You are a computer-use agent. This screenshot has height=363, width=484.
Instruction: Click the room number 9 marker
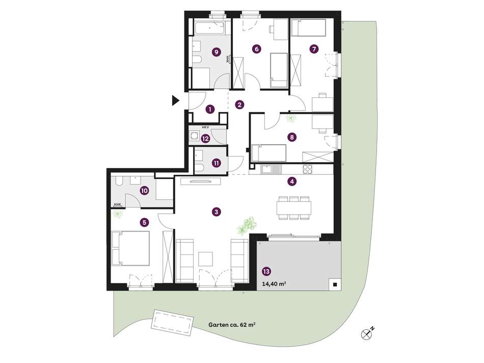click(217, 52)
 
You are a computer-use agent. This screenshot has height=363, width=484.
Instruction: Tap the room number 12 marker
click(205, 139)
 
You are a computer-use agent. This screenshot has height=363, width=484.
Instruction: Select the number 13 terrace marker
click(266, 272)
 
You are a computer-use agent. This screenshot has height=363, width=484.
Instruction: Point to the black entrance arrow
click(176, 101)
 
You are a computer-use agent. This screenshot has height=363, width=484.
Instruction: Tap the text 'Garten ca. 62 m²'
click(232, 325)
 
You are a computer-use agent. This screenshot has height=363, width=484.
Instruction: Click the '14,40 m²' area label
click(274, 283)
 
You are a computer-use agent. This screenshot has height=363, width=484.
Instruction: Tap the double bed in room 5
click(130, 248)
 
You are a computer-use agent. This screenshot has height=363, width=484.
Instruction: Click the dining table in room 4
click(294, 208)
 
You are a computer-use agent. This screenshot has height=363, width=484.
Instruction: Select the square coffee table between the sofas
click(206, 259)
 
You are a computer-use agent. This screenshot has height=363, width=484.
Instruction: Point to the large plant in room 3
click(246, 225)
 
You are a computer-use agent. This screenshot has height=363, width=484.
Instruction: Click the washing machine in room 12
click(194, 136)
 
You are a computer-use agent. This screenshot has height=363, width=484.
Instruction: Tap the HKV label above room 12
click(205, 127)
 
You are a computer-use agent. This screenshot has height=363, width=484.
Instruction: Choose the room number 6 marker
click(256, 49)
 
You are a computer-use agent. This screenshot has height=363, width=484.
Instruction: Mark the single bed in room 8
click(268, 153)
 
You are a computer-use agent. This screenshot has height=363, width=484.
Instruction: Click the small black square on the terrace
click(335, 285)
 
